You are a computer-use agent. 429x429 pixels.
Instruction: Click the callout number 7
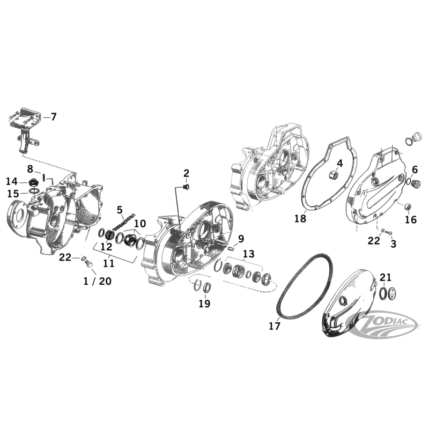click(x=53, y=116)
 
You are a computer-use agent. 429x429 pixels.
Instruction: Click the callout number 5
click(x=120, y=210)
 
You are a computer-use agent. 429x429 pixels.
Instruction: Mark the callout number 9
click(x=241, y=238)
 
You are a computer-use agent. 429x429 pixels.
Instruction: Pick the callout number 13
click(x=248, y=254)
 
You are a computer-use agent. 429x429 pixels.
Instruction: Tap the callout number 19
click(x=204, y=304)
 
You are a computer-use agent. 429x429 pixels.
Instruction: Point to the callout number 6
click(x=415, y=169)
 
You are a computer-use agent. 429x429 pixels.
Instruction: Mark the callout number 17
click(x=274, y=325)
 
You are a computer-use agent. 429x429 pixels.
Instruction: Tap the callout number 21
click(x=386, y=277)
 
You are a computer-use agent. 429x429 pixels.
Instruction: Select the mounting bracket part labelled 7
click(x=24, y=131)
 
